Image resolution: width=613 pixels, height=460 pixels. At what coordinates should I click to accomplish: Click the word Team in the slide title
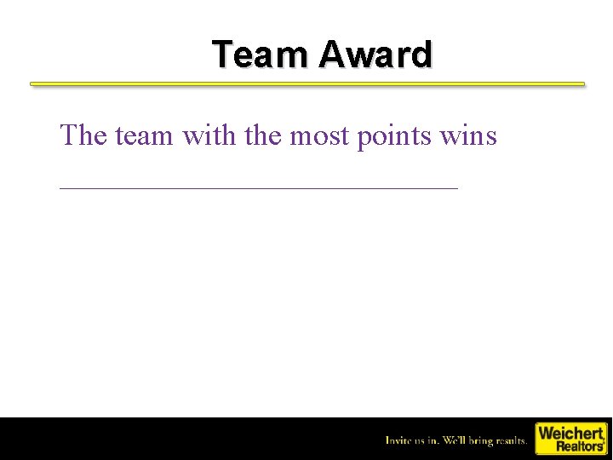262,55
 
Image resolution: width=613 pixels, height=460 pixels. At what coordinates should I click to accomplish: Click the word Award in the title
375,55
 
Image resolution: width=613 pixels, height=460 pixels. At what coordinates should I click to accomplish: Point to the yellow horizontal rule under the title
307,84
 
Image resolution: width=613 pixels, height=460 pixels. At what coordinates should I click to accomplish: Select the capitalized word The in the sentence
83,135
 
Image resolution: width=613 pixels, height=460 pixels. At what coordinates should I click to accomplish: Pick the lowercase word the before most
264,135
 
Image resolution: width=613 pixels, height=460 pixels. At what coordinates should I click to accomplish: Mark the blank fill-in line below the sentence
259,187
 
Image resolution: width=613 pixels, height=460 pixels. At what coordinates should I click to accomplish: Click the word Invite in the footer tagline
400,440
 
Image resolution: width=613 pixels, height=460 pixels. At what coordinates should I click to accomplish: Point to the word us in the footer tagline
424,441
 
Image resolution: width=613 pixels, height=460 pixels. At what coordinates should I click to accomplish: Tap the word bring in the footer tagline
483,441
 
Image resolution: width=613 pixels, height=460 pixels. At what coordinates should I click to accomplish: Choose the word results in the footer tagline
512,440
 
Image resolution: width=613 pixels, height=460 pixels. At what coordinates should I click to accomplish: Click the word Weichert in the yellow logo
570,433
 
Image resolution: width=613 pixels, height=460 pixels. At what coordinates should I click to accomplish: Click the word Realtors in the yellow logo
579,446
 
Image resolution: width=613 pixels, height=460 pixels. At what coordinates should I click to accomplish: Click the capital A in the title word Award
331,55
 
